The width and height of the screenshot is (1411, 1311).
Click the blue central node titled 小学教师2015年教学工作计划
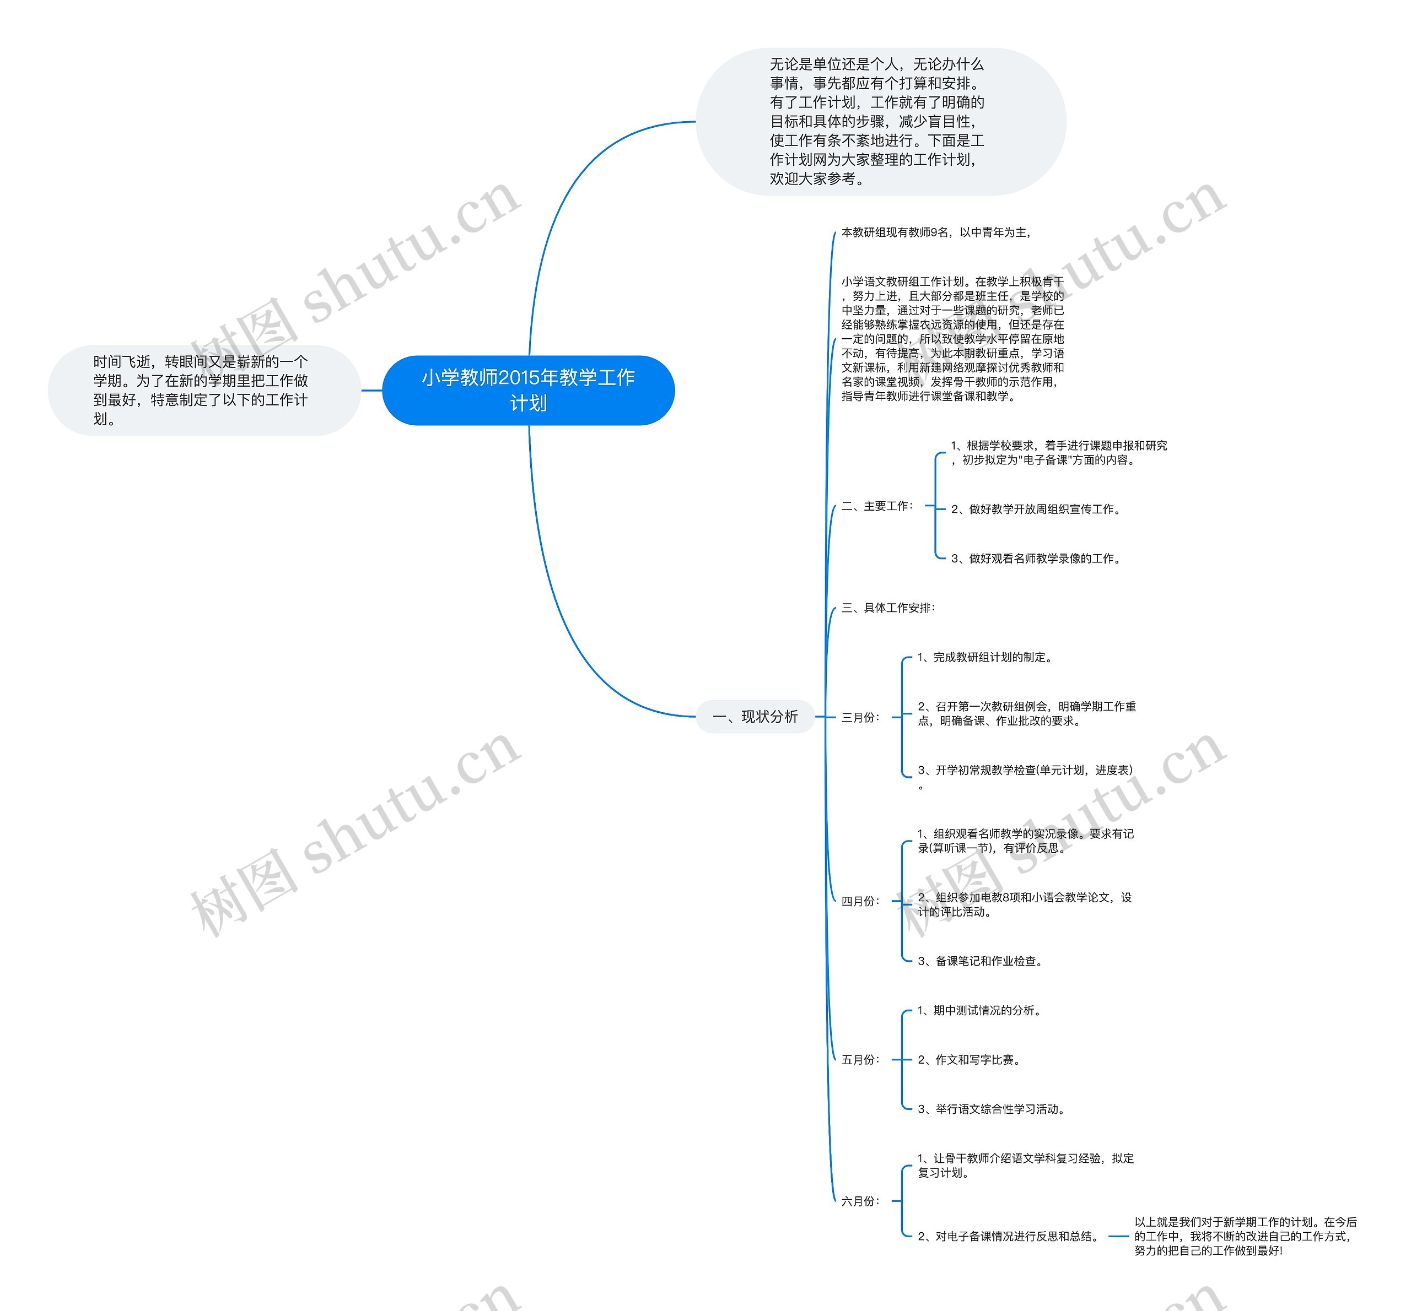528,390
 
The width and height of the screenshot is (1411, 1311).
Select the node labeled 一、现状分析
755,717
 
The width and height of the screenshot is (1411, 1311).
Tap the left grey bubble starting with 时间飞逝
201,390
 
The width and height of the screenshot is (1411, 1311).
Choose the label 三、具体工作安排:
888,608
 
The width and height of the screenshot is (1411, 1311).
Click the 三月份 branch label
860,718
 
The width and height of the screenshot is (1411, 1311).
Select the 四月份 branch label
860,902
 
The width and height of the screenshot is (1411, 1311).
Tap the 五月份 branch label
860,1060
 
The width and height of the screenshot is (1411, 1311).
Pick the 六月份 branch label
860,1201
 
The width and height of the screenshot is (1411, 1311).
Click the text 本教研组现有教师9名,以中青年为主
935,232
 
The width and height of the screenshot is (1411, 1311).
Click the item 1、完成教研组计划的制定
984,658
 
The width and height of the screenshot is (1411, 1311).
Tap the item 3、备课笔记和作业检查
979,961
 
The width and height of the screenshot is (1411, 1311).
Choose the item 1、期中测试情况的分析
979,1011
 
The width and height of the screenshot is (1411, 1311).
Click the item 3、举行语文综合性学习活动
991,1109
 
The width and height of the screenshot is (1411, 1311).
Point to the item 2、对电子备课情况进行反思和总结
1009,1237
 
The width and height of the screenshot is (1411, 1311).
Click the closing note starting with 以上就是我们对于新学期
1245,1237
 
